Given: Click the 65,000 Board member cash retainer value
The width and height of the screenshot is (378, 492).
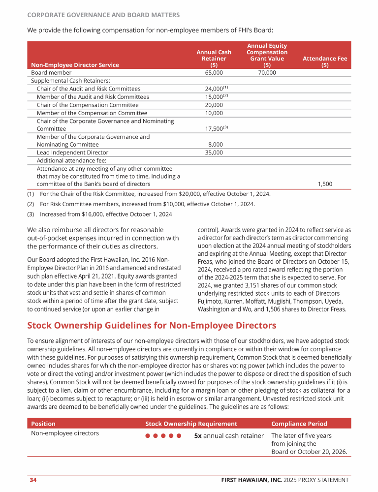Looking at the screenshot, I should click(x=214, y=73).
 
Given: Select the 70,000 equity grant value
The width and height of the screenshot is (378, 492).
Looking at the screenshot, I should click(x=267, y=73).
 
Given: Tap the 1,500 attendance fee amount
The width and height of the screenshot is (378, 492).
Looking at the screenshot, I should click(x=325, y=184).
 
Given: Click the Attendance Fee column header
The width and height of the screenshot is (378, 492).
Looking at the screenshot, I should click(x=325, y=61).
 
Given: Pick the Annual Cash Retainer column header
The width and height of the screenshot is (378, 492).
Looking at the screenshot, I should click(x=214, y=58).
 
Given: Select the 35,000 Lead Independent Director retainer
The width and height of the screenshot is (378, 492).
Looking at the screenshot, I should click(x=214, y=153).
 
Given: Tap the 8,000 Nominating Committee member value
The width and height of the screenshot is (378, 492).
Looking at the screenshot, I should click(x=215, y=145).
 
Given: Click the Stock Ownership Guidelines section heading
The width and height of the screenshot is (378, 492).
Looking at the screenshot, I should click(x=152, y=326).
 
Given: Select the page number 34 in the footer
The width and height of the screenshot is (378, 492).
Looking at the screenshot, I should click(x=33, y=480).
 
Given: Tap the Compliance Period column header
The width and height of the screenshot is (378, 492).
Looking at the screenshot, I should click(x=299, y=424).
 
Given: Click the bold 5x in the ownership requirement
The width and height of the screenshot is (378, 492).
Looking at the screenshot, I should click(x=198, y=436).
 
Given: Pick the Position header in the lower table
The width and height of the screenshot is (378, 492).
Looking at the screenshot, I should click(x=43, y=424).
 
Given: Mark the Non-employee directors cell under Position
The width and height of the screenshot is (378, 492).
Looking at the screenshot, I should click(x=65, y=433).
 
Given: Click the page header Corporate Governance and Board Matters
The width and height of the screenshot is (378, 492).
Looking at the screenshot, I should click(x=103, y=15).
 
